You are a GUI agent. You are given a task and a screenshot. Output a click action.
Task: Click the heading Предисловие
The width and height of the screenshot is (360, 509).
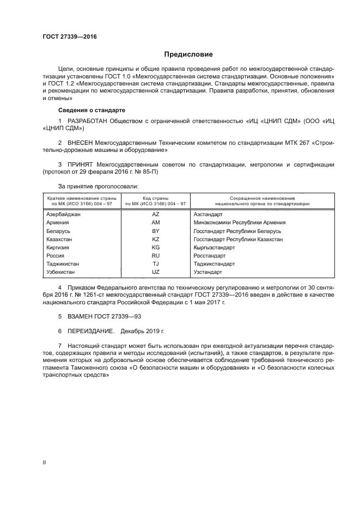tap(189, 54)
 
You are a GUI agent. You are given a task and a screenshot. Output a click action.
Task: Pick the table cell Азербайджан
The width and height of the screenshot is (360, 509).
tap(64, 214)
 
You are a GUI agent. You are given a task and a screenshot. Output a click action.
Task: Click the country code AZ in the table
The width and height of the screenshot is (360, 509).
tap(155, 214)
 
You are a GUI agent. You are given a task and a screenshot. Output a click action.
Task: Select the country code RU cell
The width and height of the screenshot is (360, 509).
tap(155, 255)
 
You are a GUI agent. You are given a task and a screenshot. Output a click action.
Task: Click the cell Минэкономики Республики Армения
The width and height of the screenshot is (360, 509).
tap(239, 223)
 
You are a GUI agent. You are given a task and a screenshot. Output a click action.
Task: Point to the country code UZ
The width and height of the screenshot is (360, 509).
tap(155, 272)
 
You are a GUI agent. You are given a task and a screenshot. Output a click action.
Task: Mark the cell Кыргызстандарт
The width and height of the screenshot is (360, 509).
tap(214, 247)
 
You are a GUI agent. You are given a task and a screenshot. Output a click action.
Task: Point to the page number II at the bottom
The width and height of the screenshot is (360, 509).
tap(44, 462)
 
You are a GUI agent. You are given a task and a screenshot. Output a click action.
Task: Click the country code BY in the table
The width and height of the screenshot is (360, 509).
tap(155, 231)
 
